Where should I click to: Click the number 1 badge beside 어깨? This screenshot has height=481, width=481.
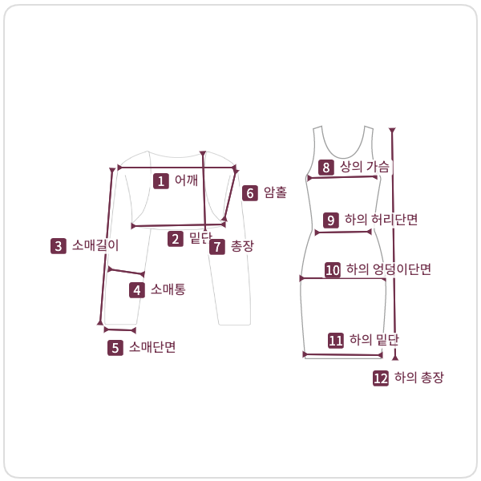(x=161, y=181)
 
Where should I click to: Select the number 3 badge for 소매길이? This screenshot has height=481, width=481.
(x=58, y=246)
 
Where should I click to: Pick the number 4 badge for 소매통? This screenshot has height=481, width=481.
(x=137, y=290)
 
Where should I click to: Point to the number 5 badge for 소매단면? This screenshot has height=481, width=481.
(x=115, y=348)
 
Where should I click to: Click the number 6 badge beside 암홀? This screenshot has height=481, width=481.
(x=250, y=193)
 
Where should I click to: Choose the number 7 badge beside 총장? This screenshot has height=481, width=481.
(x=217, y=246)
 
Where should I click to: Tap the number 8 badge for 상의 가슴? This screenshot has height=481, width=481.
(x=325, y=168)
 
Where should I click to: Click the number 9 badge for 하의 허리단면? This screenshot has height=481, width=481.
(x=330, y=220)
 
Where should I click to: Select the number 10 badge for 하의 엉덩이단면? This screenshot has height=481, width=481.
(x=333, y=270)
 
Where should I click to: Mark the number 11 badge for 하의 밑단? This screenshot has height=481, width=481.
(x=336, y=341)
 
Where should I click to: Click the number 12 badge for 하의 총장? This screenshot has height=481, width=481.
(x=381, y=378)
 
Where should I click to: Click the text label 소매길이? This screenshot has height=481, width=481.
(x=95, y=246)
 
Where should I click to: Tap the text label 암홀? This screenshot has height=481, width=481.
(x=275, y=193)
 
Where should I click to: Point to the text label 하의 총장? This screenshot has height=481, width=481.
(x=418, y=378)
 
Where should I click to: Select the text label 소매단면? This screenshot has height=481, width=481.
(x=152, y=348)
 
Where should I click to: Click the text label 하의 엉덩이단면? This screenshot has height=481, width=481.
(x=389, y=270)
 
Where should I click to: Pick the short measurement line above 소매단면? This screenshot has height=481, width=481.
(x=119, y=329)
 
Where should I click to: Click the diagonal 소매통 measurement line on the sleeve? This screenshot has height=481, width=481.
(x=126, y=272)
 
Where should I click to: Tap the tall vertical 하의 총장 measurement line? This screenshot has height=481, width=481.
(x=393, y=240)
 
